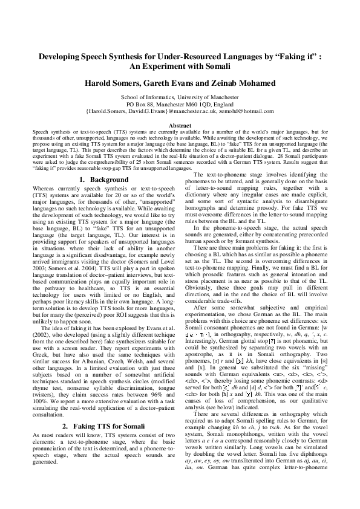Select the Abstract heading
point(180,125)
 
